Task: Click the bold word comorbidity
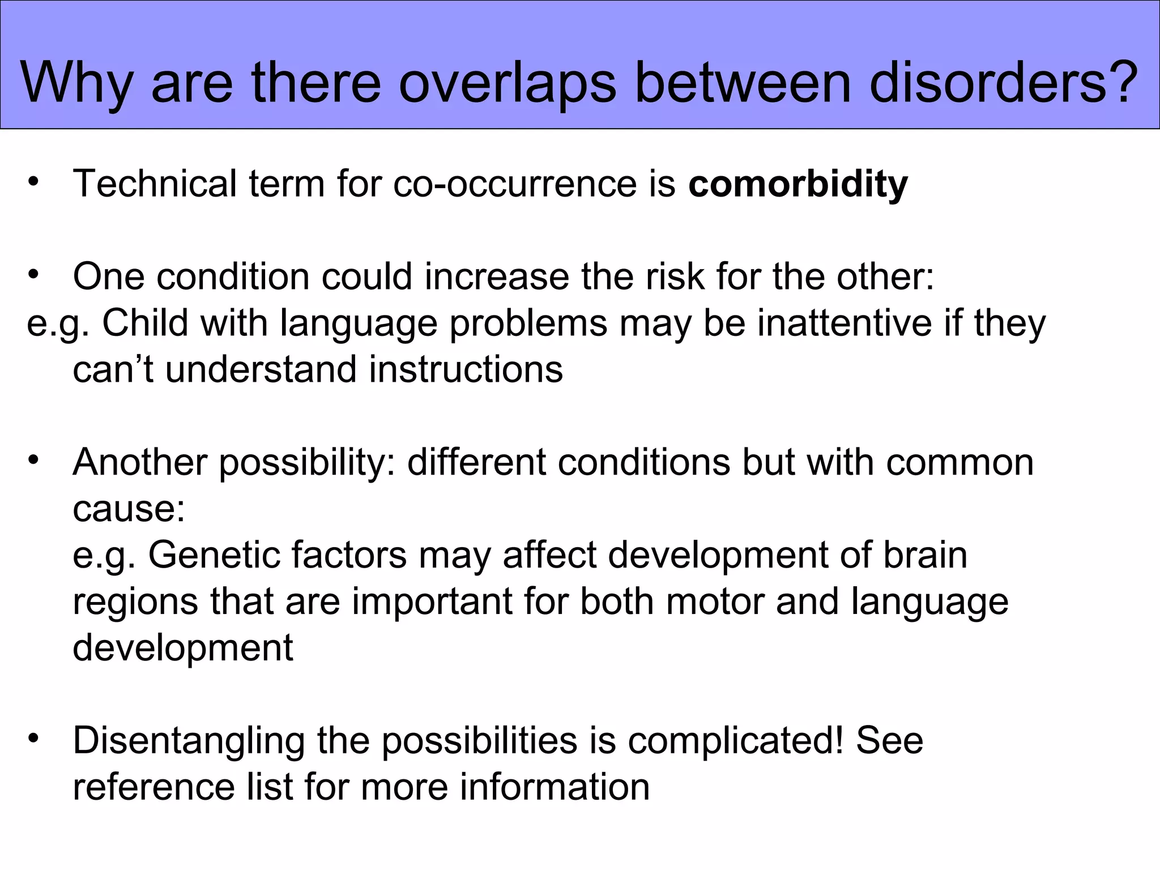coord(797,184)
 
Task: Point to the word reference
coord(153,787)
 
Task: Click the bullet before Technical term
coord(35,182)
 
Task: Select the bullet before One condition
coord(35,275)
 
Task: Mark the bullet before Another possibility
coord(35,460)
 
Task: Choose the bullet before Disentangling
coord(35,739)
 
